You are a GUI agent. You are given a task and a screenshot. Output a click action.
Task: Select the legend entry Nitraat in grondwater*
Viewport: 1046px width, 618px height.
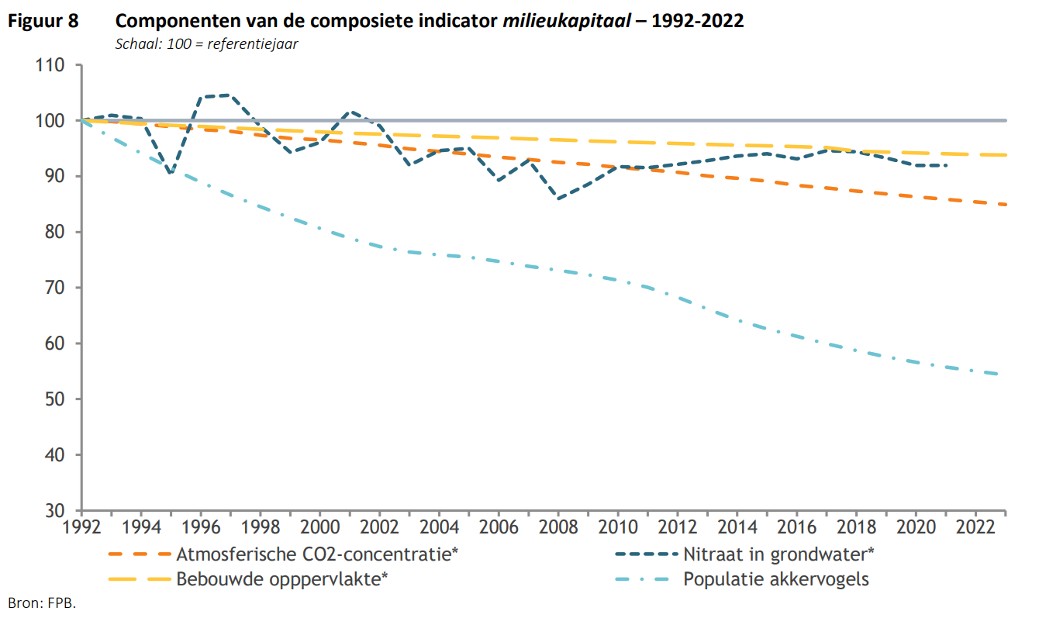click(778, 554)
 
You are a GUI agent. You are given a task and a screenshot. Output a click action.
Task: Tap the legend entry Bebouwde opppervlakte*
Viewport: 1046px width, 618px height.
click(282, 579)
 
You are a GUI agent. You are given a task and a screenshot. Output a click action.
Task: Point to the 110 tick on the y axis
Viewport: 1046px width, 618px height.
click(52, 65)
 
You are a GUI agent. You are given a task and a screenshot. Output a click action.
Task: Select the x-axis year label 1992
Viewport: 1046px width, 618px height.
click(81, 529)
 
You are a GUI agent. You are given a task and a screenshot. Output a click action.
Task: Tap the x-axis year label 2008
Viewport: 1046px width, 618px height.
click(558, 529)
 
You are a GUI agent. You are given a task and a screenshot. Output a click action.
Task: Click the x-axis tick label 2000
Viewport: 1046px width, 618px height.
click(319, 529)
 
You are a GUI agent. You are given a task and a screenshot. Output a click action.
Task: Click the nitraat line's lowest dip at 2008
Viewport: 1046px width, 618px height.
click(558, 199)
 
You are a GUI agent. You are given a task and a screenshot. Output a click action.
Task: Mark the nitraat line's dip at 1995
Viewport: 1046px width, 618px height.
click(171, 173)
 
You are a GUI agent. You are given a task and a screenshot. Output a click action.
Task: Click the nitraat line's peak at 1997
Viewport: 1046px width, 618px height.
click(230, 95)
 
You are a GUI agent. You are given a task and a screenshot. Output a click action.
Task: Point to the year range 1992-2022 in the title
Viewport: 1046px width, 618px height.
click(697, 21)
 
